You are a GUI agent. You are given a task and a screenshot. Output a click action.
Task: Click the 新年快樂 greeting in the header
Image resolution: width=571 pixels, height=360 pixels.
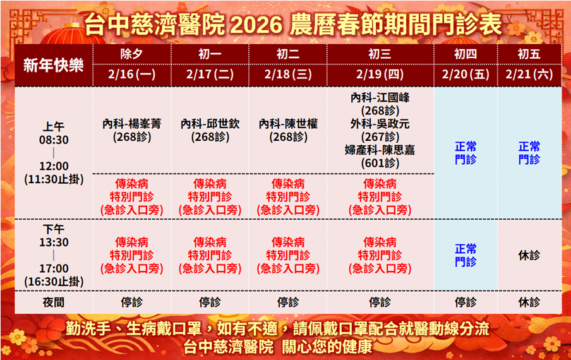[54, 66]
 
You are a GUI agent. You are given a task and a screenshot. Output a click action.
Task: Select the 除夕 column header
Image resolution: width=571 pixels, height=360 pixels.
[132, 54]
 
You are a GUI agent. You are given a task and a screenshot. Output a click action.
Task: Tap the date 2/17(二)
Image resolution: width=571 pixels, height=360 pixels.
[210, 75]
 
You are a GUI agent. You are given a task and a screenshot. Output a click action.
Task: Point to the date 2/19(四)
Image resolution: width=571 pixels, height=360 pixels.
[380, 75]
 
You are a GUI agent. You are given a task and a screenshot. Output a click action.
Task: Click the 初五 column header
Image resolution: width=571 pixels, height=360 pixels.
[529, 54]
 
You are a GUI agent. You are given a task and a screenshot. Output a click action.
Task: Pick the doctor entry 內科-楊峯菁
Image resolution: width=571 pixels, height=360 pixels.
[132, 124]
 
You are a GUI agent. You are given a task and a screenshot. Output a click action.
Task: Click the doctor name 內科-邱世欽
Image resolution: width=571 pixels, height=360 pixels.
[210, 124]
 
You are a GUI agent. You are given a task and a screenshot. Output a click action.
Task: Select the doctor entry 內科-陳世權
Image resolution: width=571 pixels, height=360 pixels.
[288, 124]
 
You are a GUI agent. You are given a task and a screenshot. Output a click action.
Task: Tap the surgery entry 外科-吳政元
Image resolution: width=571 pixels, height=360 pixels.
[380, 124]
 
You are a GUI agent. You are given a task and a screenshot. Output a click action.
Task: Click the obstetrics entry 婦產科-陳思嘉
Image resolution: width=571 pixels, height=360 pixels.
[380, 150]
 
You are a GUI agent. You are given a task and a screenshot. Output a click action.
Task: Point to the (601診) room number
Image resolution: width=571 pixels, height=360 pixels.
[380, 163]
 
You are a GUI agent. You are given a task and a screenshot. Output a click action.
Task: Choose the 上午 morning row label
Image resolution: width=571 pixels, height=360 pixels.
[54, 127]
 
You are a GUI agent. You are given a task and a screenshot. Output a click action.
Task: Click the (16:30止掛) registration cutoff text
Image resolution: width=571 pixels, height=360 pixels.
[54, 282]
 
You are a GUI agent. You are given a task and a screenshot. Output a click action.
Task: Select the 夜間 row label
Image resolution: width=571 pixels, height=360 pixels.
[54, 302]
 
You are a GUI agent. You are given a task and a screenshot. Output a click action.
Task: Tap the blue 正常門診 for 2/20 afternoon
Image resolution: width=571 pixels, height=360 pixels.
[466, 256]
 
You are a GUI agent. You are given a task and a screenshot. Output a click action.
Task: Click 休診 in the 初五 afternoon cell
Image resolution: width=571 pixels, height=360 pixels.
[529, 256]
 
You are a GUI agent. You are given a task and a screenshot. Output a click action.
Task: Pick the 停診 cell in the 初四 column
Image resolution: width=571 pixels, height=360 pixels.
[466, 302]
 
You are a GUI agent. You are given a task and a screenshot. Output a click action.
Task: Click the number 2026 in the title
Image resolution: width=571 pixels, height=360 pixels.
[256, 25]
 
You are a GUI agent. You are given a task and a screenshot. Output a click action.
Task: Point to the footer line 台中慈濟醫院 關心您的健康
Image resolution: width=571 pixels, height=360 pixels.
[277, 347]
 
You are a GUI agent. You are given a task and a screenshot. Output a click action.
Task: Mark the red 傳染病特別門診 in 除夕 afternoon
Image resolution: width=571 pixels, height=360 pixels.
[132, 256]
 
